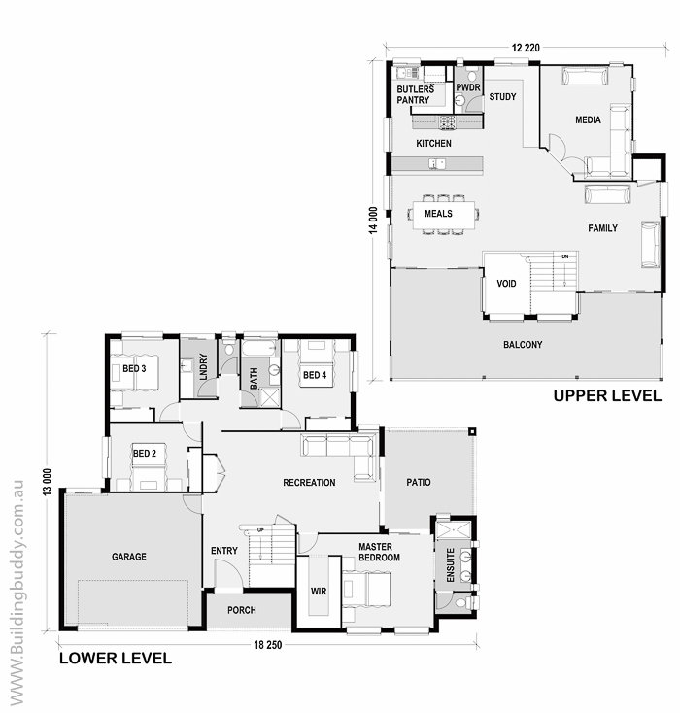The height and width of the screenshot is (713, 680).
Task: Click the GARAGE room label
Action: pos(129,557)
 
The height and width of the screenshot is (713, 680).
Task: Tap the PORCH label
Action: pos(242,610)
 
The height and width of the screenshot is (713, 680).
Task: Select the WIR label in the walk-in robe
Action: pos(319,592)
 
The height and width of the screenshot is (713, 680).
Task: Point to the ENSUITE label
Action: pos(451,565)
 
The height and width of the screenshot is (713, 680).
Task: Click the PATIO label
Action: pos(419,482)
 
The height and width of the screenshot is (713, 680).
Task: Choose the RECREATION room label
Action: pos(309,483)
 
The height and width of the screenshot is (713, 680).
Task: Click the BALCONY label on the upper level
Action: pos(523,345)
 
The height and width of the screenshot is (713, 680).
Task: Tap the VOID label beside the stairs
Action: pos(506,284)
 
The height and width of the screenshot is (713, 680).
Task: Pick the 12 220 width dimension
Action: pos(526,48)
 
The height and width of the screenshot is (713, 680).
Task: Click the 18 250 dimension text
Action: pos(268,645)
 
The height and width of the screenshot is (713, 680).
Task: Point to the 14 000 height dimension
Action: pos(373,221)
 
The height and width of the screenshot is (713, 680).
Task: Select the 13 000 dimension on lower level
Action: pos(49,482)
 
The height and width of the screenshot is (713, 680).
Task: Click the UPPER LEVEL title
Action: pos(607,396)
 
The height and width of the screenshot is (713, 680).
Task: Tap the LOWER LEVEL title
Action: pos(116,658)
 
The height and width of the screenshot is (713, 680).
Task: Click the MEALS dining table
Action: pos(444,215)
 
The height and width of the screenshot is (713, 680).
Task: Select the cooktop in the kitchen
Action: pos(448,121)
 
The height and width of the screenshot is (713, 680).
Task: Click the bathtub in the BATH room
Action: pos(259,348)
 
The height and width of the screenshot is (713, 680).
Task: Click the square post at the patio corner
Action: pos(472,431)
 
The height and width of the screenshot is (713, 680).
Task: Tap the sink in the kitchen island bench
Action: pos(437,163)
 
